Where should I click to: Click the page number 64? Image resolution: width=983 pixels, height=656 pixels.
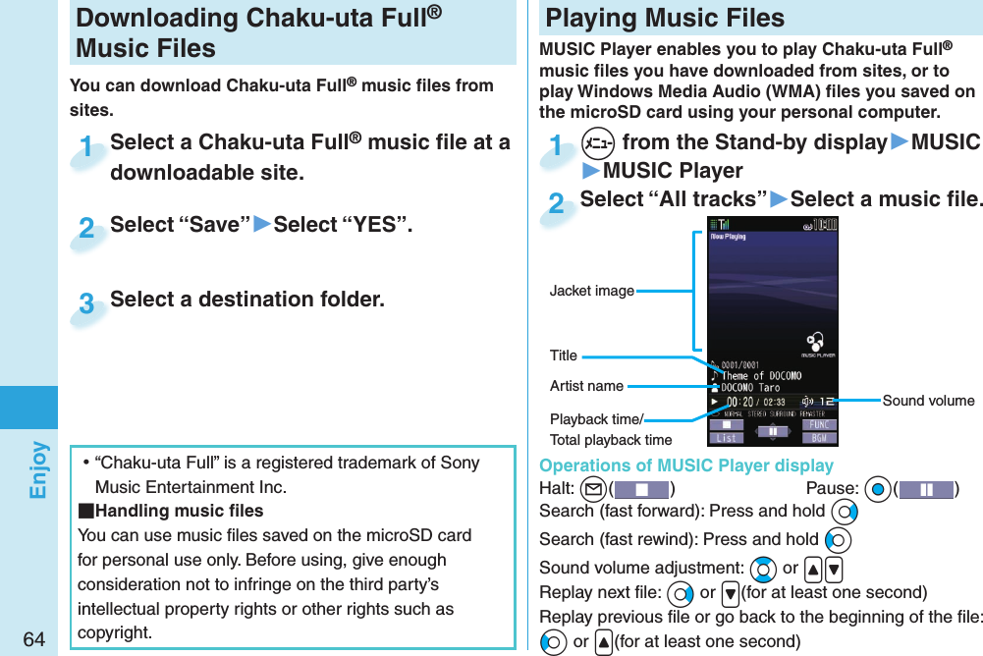coord(33,639)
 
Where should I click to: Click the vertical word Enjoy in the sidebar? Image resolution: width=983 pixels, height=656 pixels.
coord(37,469)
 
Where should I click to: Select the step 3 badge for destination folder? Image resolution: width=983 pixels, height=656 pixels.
coord(87,304)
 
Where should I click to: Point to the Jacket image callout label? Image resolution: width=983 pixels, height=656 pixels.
coord(591,291)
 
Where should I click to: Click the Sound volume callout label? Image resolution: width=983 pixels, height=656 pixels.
coord(928,400)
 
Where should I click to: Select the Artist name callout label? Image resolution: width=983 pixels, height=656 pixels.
coord(586,386)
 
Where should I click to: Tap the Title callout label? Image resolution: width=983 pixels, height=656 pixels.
coord(564,355)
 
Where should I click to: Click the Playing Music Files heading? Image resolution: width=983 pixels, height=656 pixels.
coord(665,18)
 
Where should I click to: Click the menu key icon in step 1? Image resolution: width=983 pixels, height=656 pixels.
coord(597,143)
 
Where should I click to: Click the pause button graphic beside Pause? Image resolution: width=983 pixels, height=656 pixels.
coord(925,489)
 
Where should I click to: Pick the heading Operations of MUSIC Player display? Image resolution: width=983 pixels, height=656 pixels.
coord(686,465)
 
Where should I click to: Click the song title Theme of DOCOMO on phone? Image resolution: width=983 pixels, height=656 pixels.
coord(761,376)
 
